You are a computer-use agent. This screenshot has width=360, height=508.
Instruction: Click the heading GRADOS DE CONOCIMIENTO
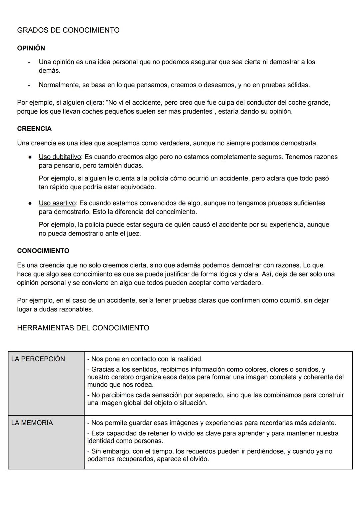(68, 30)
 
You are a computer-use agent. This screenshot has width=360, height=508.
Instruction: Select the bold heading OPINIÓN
(31, 48)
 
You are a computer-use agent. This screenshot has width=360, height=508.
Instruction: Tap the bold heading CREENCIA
(34, 129)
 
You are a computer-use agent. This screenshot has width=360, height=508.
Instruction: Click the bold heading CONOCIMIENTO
(43, 251)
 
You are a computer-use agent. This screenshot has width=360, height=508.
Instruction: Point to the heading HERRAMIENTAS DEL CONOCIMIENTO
(83, 328)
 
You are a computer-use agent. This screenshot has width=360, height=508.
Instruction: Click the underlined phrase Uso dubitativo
(60, 157)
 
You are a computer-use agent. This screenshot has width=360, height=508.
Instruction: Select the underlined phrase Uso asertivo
(57, 203)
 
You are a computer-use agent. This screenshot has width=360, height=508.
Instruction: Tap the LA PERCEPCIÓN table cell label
(38, 359)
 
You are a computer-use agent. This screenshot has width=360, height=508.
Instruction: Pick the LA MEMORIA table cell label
(32, 423)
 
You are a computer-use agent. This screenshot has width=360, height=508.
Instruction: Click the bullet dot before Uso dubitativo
(30, 157)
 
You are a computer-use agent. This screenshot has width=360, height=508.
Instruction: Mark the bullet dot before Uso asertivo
(30, 203)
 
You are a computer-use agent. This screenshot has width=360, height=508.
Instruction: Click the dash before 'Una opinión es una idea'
(29, 62)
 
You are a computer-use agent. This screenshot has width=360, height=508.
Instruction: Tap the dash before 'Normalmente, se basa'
(29, 85)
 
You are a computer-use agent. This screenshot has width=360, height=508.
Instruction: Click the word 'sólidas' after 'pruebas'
(297, 85)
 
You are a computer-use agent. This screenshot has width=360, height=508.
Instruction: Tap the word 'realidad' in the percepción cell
(189, 359)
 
